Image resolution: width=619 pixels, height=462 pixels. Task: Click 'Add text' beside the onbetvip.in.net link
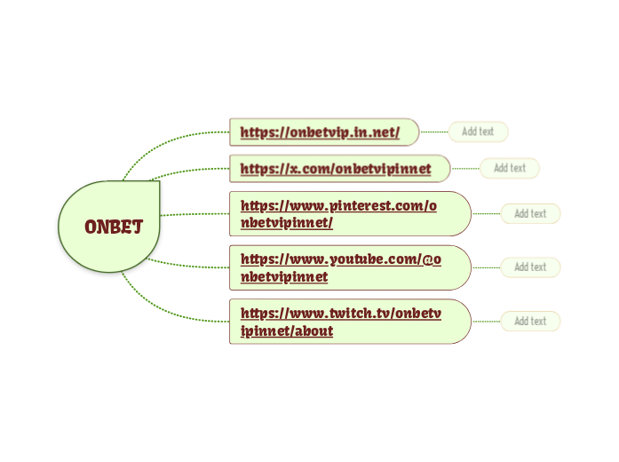click(x=478, y=132)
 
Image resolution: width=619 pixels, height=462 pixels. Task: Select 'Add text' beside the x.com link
click(x=510, y=168)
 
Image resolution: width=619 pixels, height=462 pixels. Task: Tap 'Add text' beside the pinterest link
click(x=530, y=213)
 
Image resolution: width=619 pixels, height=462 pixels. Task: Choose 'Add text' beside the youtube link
click(x=530, y=267)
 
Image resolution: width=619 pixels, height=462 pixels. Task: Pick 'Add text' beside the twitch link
click(x=530, y=322)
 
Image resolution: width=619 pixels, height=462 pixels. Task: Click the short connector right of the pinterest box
click(x=486, y=213)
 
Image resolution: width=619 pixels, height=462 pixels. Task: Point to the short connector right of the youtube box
click(x=486, y=267)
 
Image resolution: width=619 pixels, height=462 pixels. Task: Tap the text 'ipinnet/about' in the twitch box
click(x=287, y=331)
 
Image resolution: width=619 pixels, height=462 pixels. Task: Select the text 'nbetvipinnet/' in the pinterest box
click(x=287, y=223)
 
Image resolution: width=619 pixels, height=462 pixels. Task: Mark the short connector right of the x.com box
click(x=465, y=168)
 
